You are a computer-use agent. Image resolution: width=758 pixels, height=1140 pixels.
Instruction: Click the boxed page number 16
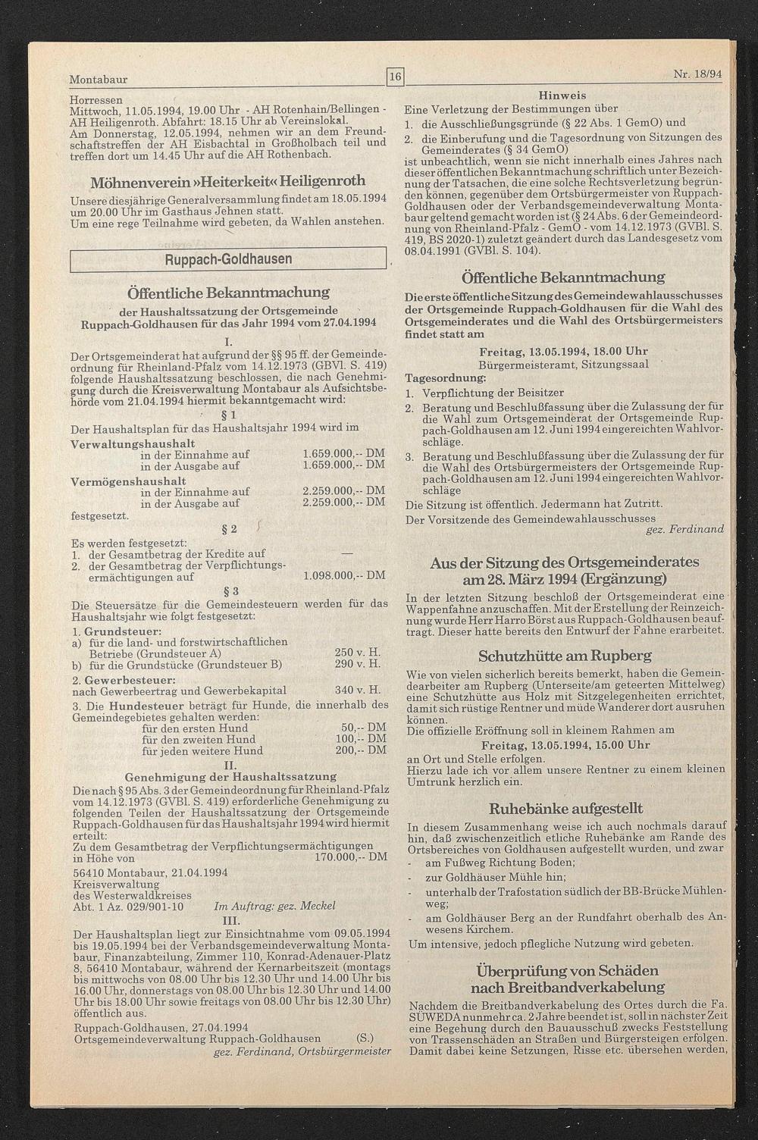(x=396, y=76)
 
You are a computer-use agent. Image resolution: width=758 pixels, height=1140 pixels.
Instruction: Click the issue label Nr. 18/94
(x=697, y=75)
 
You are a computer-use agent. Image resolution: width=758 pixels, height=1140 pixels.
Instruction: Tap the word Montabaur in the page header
(x=99, y=80)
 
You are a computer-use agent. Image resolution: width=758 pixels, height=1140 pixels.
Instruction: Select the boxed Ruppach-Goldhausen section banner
(x=228, y=259)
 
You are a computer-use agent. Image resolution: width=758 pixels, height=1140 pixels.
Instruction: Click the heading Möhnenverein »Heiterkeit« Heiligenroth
(x=228, y=182)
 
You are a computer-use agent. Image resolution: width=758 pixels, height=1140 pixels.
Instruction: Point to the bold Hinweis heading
(x=562, y=96)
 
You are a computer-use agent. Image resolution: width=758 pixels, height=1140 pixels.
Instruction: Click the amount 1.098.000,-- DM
(x=343, y=576)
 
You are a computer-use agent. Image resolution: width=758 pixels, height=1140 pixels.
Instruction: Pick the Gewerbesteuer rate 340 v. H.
(x=357, y=691)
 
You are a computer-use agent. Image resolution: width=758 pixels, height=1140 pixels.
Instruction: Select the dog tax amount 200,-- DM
(x=361, y=750)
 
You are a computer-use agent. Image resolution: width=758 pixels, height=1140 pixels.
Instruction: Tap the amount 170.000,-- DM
(x=349, y=858)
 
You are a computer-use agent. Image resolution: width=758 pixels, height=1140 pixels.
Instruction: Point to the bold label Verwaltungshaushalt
(x=133, y=443)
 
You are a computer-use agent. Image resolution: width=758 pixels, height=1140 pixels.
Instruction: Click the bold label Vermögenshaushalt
(x=128, y=481)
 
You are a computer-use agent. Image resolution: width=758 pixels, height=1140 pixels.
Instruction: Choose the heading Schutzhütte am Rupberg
(x=565, y=656)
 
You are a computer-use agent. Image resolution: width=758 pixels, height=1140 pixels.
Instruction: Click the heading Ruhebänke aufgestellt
(x=565, y=808)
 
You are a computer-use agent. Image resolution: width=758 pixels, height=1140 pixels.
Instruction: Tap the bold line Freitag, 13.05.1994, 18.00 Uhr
(x=563, y=352)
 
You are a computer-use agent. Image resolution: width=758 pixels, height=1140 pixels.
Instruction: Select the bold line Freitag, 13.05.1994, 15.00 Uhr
(x=565, y=745)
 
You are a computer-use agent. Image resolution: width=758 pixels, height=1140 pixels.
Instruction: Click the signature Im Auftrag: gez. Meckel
(x=274, y=906)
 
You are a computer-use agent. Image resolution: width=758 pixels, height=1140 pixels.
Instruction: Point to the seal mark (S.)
(x=364, y=1038)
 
